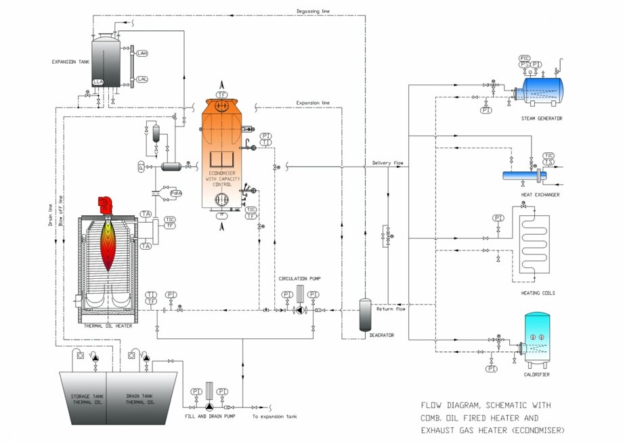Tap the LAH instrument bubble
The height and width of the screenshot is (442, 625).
pos(142,53)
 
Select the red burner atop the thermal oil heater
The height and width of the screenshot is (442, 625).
pos(106,203)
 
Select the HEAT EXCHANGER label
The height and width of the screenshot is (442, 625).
pos(540,194)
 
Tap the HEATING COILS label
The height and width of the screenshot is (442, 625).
pos(540,293)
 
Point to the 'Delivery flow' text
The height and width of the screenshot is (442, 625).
pos(388,163)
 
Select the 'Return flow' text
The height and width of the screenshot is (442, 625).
pos(391,309)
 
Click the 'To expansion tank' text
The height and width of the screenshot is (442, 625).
pos(274,416)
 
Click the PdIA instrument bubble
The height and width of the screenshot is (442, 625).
pos(176,193)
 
